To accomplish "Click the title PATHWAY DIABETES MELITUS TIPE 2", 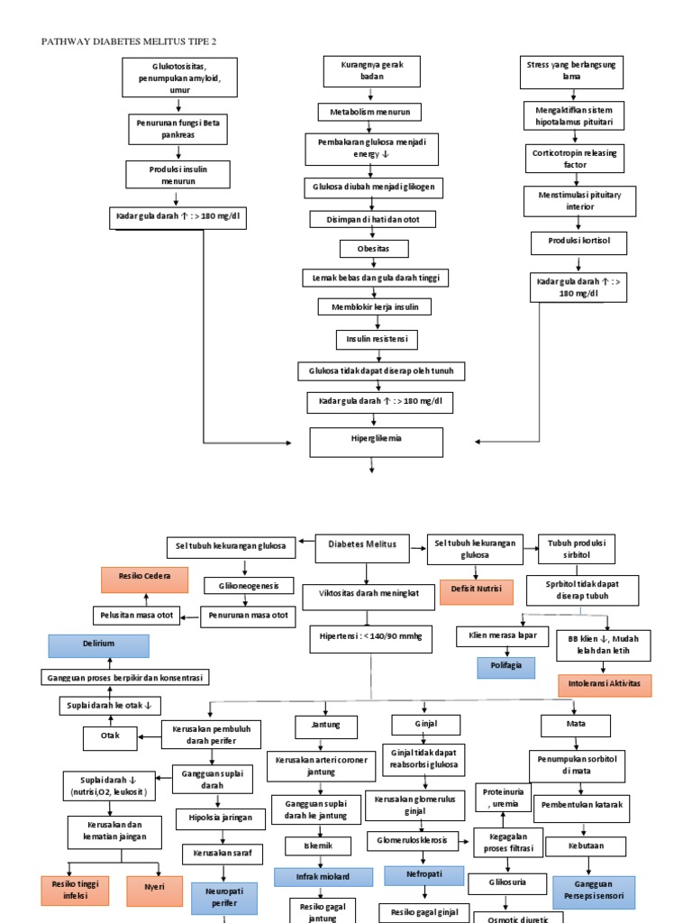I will pyautogui.click(x=131, y=41).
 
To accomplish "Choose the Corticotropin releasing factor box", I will pyautogui.click(x=575, y=159).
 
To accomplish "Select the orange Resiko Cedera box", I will pyautogui.click(x=145, y=580).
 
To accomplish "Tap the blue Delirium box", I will pyautogui.click(x=98, y=645).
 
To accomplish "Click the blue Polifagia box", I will pyautogui.click(x=505, y=666).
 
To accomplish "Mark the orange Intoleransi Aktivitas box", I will pyautogui.click(x=605, y=685).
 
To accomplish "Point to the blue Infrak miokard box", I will pyautogui.click(x=323, y=877).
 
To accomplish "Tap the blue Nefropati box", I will pyautogui.click(x=423, y=875).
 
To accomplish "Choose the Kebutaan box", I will pyautogui.click(x=585, y=846).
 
